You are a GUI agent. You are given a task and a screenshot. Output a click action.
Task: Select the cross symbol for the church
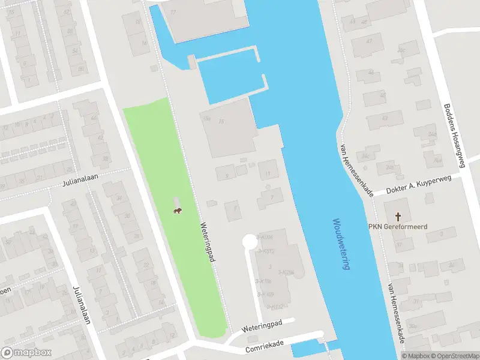(397, 216)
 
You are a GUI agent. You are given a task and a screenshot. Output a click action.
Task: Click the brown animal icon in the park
(178, 210)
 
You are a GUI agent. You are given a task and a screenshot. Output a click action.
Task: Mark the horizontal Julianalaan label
(80, 179)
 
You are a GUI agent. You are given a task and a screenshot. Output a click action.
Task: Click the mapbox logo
(26, 353)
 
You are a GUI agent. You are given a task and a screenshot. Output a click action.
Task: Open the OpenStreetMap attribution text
(455, 356)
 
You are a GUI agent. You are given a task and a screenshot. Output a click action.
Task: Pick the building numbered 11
(268, 173)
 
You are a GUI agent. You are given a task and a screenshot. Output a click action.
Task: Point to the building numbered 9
(226, 175)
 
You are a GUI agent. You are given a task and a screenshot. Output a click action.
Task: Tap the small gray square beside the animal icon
(176, 201)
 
